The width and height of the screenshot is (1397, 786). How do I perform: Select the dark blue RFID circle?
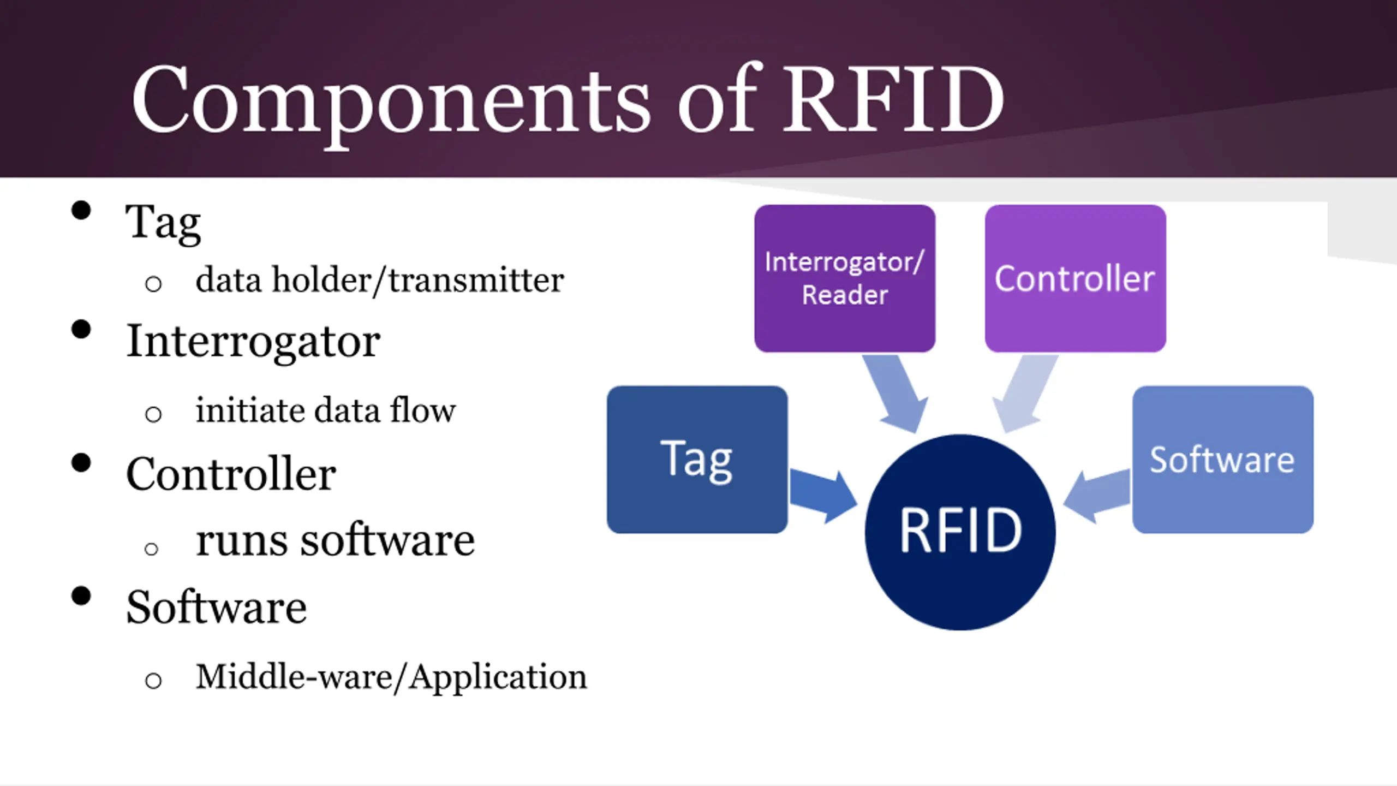[960, 532]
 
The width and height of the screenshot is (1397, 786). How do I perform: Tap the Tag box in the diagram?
[697, 460]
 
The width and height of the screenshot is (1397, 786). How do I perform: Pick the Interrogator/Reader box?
[845, 278]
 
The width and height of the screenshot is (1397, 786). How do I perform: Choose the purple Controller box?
[1076, 278]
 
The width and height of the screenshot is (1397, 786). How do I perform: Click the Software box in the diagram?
[1223, 460]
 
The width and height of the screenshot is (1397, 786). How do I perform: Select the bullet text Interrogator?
[253, 343]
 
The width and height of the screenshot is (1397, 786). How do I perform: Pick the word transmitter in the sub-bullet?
[476, 281]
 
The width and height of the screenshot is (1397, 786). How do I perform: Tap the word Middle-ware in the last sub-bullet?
[294, 677]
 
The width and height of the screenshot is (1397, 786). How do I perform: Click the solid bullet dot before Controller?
[81, 463]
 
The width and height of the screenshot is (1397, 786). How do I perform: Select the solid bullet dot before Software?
[81, 596]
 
